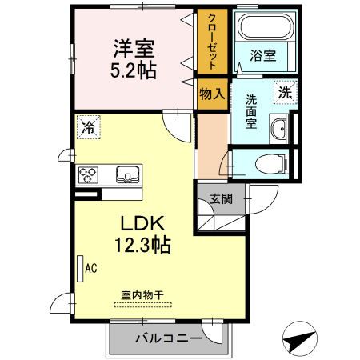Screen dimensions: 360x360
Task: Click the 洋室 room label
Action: click(134, 48)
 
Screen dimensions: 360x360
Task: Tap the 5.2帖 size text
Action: click(134, 69)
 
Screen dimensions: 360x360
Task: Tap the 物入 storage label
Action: click(212, 94)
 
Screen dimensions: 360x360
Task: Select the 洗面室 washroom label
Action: click(251, 112)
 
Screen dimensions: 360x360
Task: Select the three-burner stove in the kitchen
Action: click(88, 174)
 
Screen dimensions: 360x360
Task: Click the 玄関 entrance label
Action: click(222, 199)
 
